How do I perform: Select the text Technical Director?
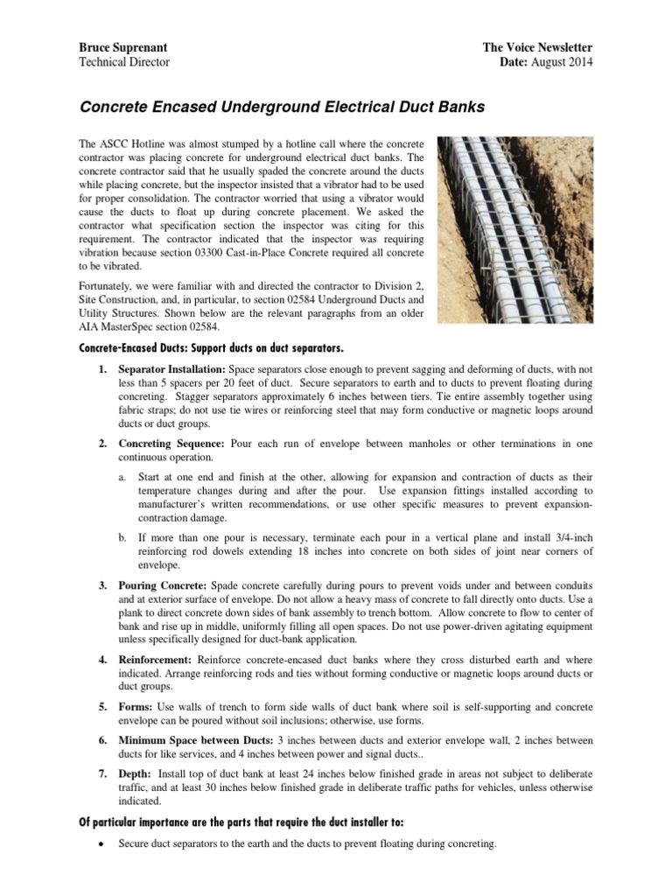pyautogui.click(x=124, y=62)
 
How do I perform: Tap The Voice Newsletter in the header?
pyautogui.click(x=537, y=46)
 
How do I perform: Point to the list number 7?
pyautogui.click(x=101, y=773)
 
